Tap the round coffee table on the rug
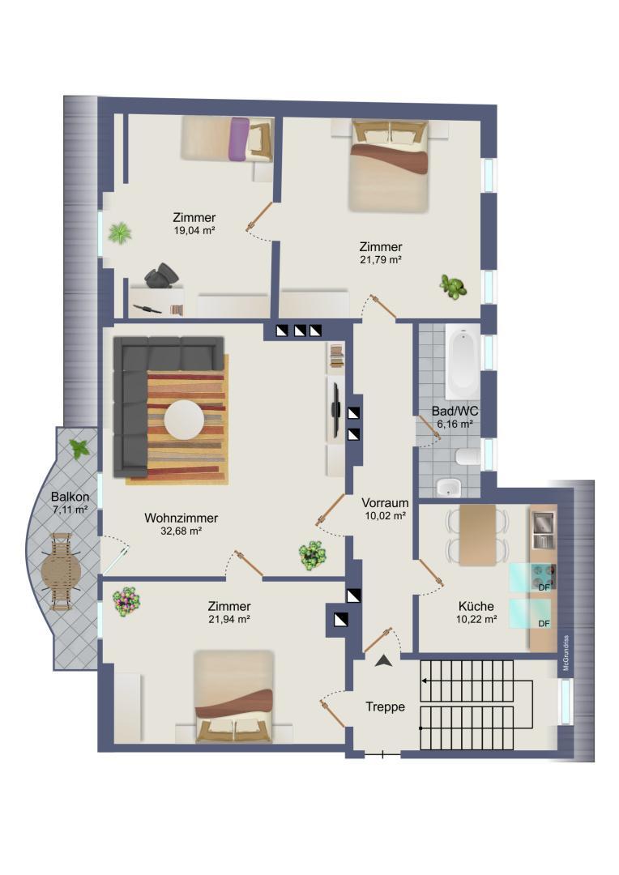pos(184,420)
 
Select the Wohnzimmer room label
pos(181,518)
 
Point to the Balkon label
pos(69,497)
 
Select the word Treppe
pos(385,706)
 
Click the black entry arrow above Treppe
pos(384,661)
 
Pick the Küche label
pos(476,606)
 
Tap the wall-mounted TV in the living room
pos(334,409)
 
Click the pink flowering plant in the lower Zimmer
pos(126,601)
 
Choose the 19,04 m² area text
pos(194,230)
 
